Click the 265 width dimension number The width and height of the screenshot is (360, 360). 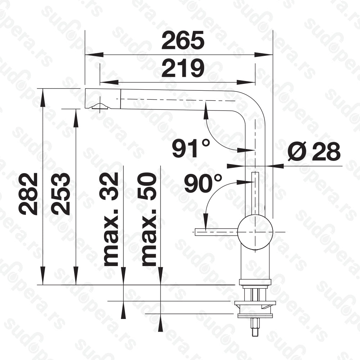[x=183, y=40]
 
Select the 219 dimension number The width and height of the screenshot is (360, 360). [x=183, y=68]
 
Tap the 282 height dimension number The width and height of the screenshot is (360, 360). [x=28, y=194]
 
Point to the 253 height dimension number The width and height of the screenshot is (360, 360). [x=60, y=194]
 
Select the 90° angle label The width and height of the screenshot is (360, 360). [x=203, y=183]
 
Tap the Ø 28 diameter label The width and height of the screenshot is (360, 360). [x=314, y=152]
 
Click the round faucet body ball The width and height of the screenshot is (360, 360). [x=255, y=232]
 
